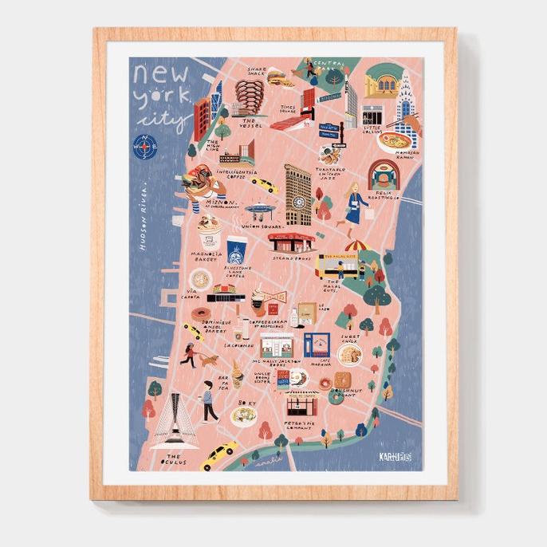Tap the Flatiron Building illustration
pyautogui.click(x=298, y=195)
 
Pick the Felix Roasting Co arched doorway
pyautogui.click(x=383, y=175)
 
